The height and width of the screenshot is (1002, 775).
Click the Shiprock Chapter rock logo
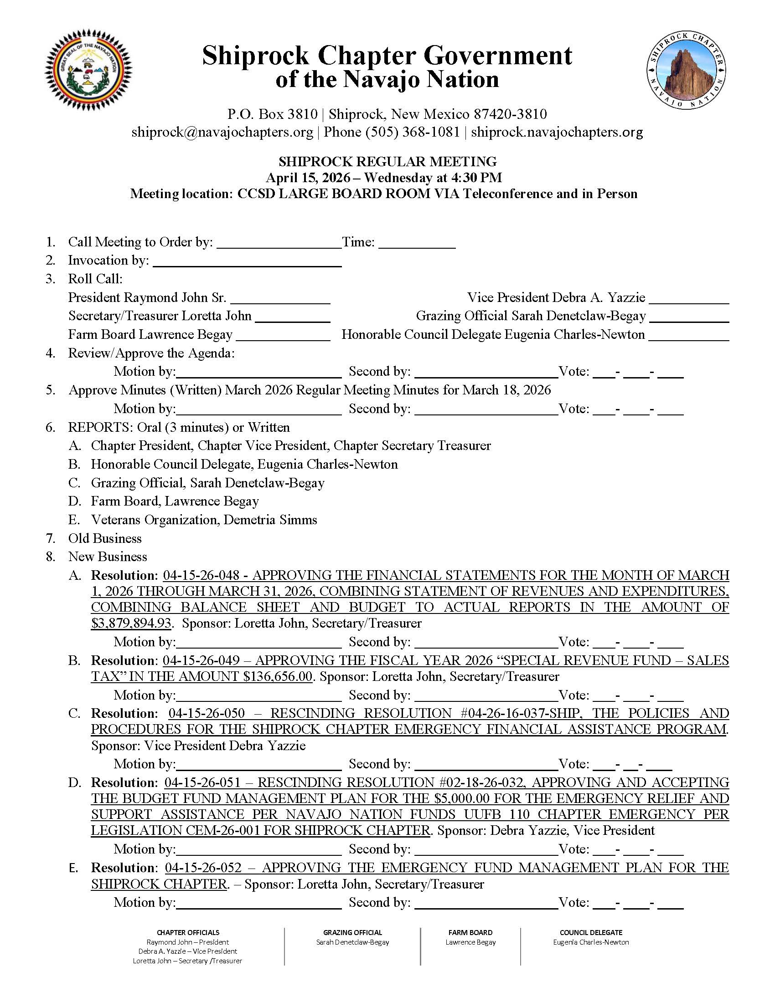tap(687, 71)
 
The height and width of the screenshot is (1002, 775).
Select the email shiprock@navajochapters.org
tap(222, 132)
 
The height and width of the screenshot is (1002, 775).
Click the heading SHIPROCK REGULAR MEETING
tap(387, 162)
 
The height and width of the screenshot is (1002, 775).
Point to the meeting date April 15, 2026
tap(307, 178)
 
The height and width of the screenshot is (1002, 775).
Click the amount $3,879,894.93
tap(131, 623)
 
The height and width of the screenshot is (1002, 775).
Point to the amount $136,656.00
tap(278, 676)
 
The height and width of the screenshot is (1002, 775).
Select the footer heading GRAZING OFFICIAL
tap(352, 932)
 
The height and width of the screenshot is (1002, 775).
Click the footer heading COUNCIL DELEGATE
tap(591, 932)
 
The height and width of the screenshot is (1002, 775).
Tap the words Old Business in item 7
tap(105, 538)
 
